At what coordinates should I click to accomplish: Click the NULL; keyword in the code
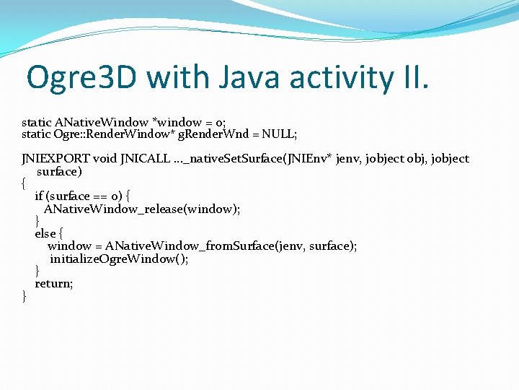(x=280, y=134)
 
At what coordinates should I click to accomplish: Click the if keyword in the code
(x=39, y=196)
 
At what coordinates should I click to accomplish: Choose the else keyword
(x=45, y=234)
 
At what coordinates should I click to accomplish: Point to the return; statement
(x=54, y=284)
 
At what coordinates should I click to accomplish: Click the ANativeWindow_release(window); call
(x=142, y=209)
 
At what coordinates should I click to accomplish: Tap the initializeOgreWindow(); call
(x=119, y=259)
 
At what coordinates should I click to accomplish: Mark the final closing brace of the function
(x=25, y=296)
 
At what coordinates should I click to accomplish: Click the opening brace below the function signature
(x=25, y=183)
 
